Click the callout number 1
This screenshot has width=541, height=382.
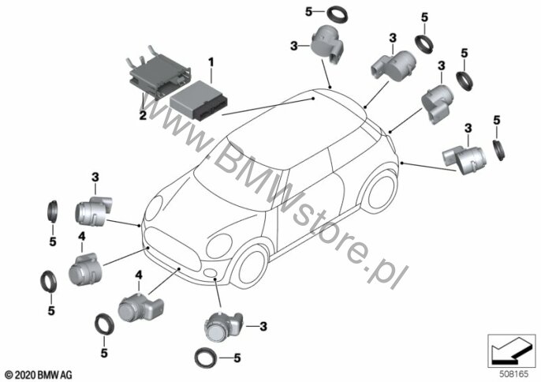pyautogui.click(x=211, y=61)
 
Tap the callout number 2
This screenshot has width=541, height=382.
pyautogui.click(x=143, y=114)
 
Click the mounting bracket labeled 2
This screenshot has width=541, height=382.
pyautogui.click(x=158, y=72)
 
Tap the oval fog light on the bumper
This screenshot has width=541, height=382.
pyautogui.click(x=211, y=274)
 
